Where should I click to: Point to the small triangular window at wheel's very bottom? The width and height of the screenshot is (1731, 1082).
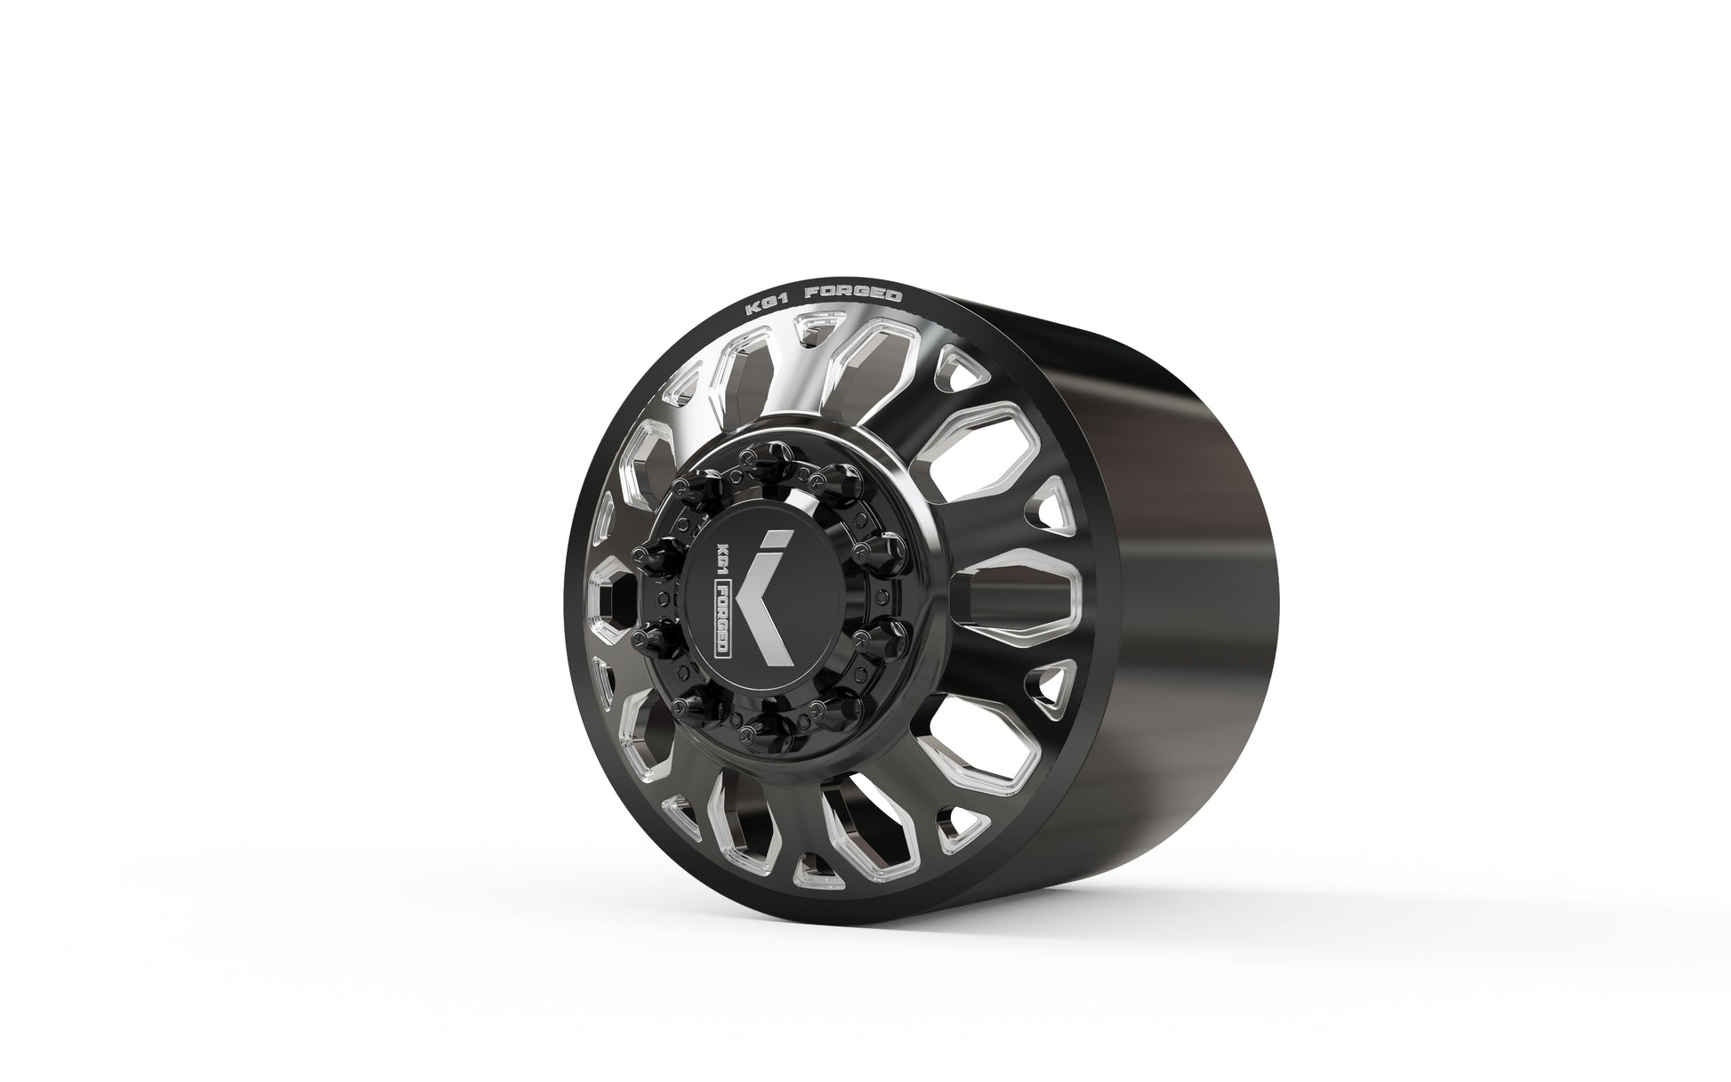coord(809,868)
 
